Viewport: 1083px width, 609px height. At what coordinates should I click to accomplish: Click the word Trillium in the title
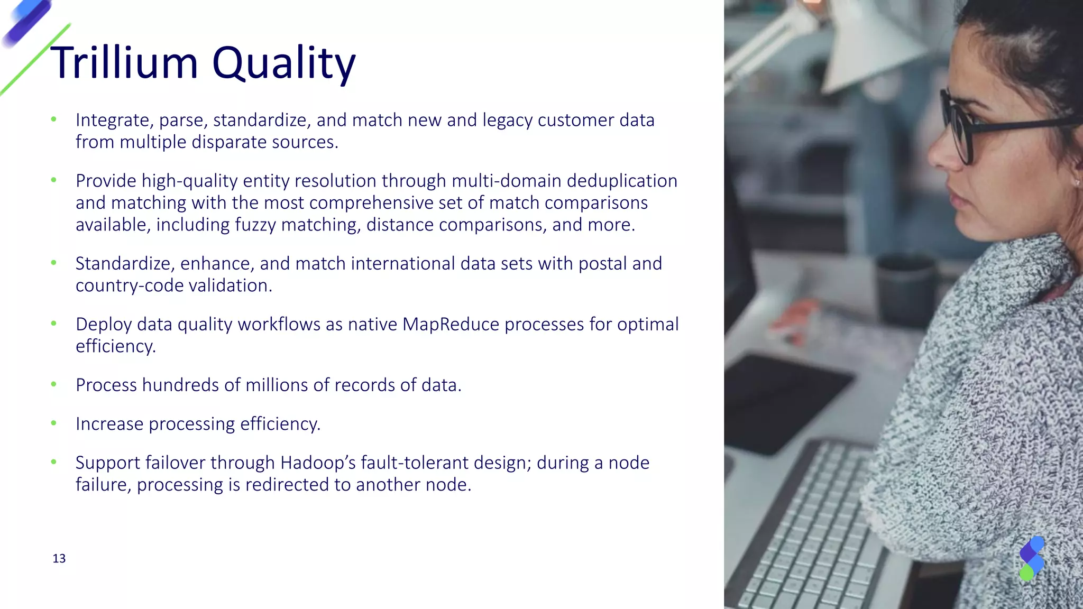[x=124, y=62]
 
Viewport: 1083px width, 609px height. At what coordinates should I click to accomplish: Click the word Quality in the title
[x=283, y=63]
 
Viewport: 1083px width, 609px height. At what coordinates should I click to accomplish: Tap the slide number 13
[x=59, y=559]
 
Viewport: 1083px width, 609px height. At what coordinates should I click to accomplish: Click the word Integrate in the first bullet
[x=112, y=121]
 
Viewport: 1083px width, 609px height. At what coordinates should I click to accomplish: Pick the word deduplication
[x=622, y=181]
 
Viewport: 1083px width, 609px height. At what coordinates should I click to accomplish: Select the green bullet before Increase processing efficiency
[x=53, y=423]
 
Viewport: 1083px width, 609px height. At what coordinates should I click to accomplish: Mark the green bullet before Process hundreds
[x=53, y=384]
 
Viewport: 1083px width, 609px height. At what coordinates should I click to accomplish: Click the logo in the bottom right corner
[x=1032, y=558]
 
